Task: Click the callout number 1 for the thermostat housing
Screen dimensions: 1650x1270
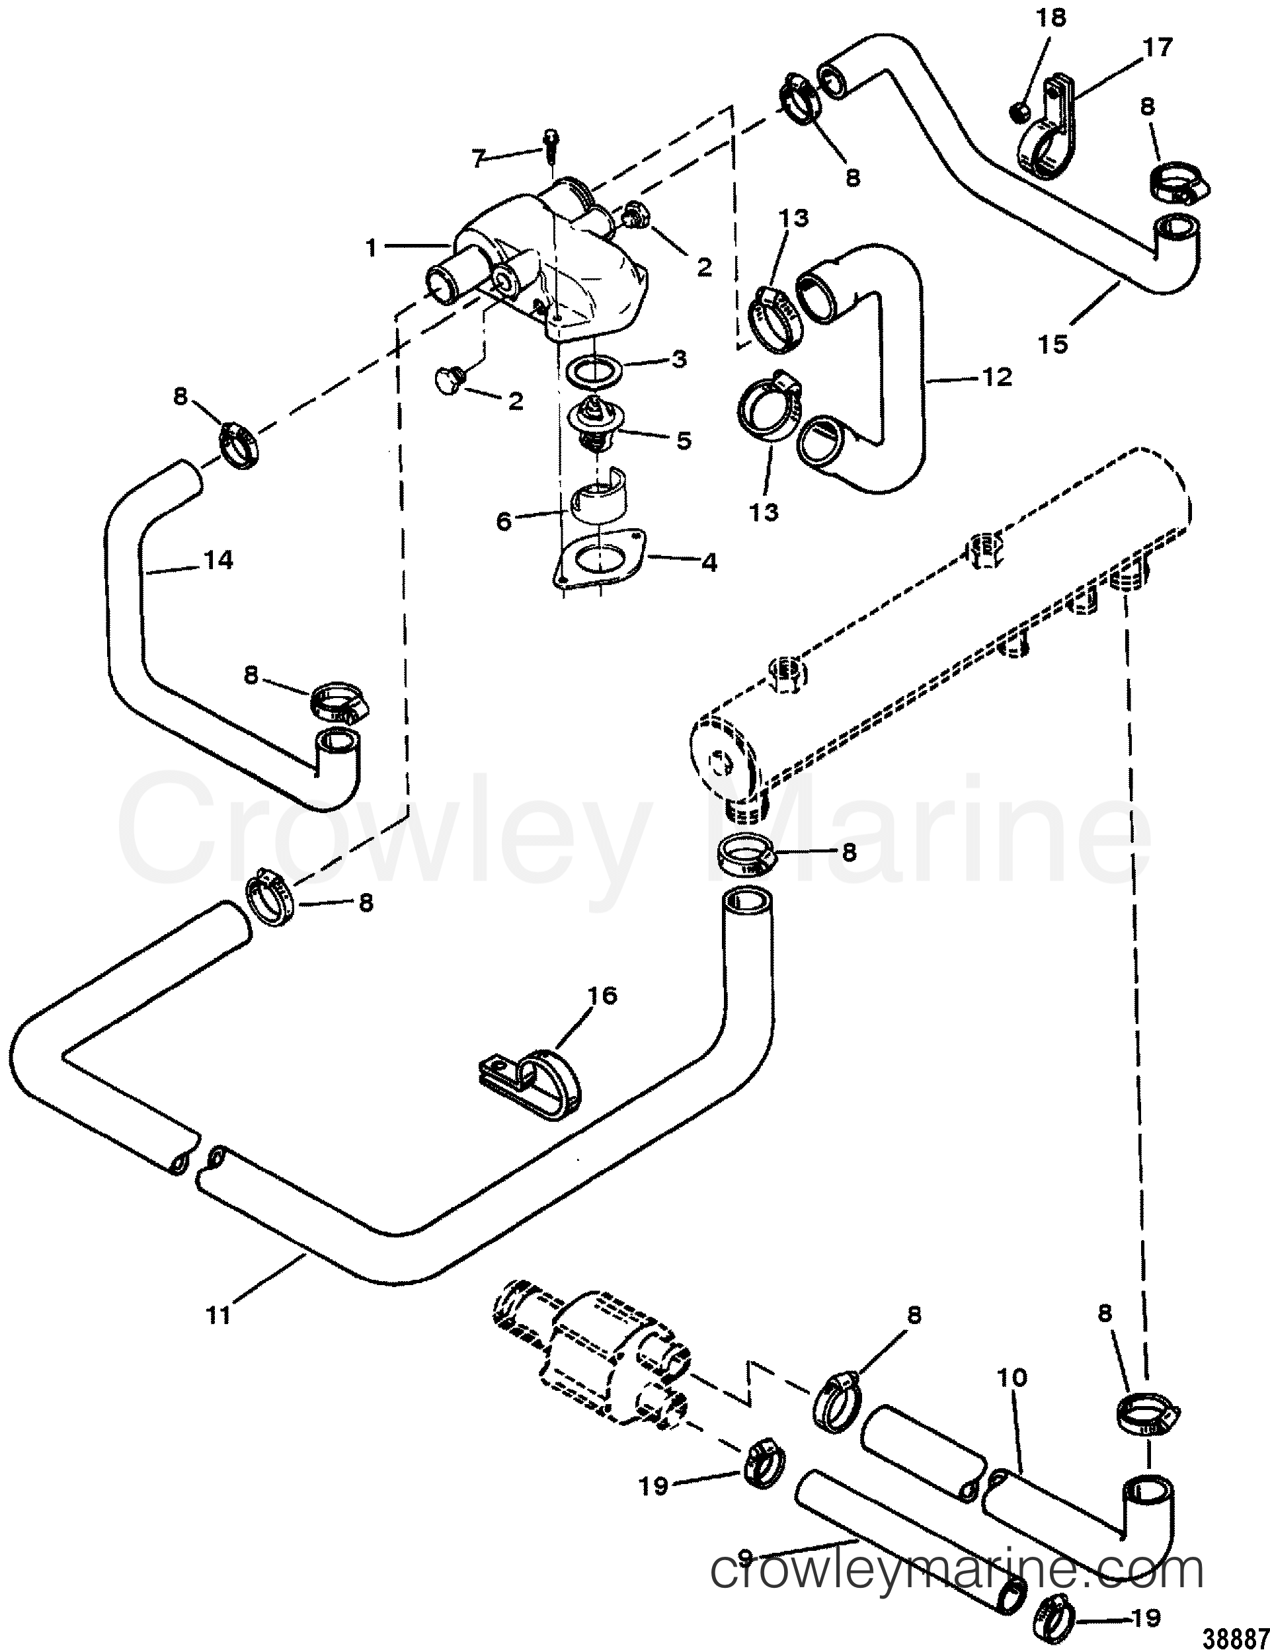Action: pyautogui.click(x=371, y=249)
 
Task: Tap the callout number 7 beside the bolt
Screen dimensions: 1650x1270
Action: pyautogui.click(x=477, y=158)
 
